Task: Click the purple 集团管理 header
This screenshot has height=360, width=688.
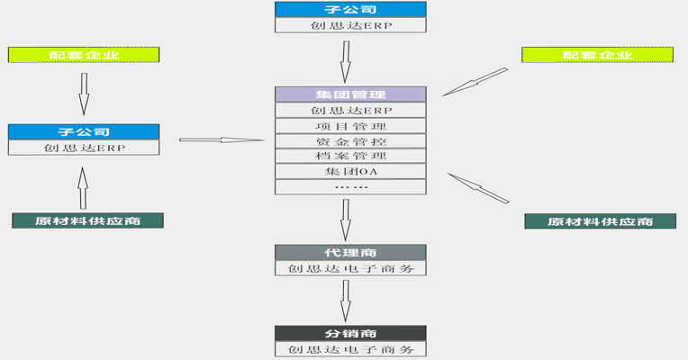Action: coord(349,94)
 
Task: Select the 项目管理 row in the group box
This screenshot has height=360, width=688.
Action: coord(349,126)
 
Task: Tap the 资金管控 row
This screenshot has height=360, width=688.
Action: coord(349,141)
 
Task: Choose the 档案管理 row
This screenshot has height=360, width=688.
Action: coord(349,157)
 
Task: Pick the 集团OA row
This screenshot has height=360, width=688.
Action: coord(349,172)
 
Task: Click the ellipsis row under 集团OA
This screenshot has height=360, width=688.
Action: coord(349,187)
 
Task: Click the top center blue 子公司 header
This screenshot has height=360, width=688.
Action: coord(349,9)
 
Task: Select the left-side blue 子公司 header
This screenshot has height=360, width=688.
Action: coord(83,131)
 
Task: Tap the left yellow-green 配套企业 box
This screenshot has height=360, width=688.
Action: coord(83,55)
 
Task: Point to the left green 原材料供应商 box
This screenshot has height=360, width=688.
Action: coord(87,220)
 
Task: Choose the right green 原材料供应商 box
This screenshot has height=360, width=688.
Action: coord(601,220)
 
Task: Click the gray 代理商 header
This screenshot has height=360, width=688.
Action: coord(349,253)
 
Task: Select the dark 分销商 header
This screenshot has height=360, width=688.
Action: coord(349,333)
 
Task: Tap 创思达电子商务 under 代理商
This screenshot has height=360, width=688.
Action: coord(349,268)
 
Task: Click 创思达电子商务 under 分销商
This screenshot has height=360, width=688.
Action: coord(349,349)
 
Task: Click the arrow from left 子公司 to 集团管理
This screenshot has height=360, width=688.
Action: coord(221,139)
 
